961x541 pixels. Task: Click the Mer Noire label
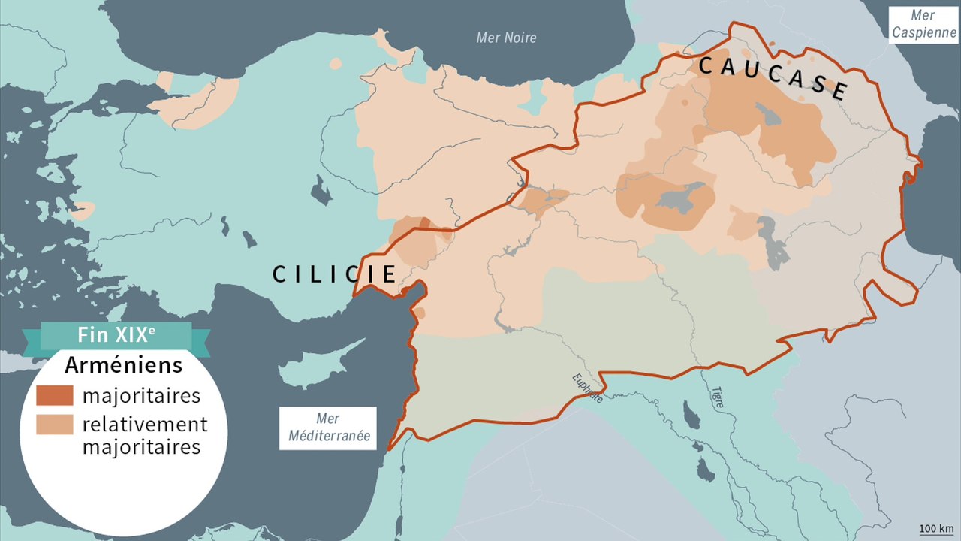[507, 38]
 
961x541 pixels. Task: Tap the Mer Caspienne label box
[923, 25]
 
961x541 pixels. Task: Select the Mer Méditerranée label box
[327, 428]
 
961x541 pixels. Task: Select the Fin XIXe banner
[116, 336]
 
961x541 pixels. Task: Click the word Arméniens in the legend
[124, 366]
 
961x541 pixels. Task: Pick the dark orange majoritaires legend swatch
[55, 395]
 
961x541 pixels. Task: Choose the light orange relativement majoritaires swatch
[55, 424]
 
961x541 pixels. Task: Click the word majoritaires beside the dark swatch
[141, 395]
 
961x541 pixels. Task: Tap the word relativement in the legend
[145, 424]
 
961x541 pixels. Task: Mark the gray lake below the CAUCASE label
[770, 115]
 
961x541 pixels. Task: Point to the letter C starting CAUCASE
[706, 65]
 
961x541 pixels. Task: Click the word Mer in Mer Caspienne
[923, 15]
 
